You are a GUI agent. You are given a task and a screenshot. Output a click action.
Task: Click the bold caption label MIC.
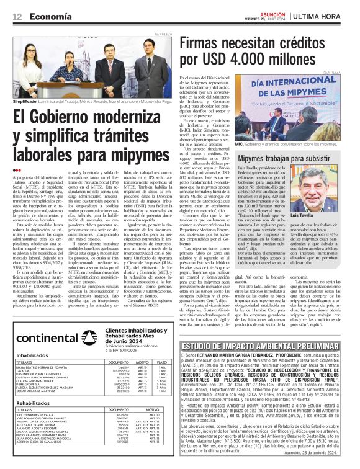(x=248, y=141)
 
